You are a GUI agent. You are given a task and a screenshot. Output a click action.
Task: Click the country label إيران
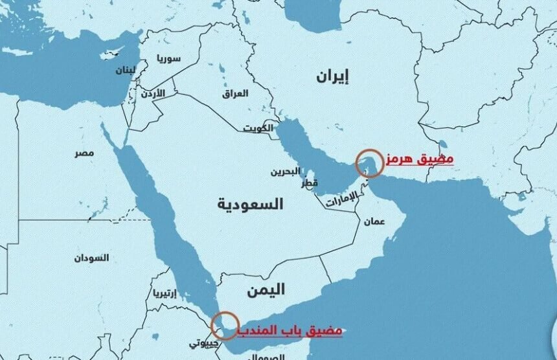332,76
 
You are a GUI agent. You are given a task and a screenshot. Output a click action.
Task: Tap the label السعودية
250,204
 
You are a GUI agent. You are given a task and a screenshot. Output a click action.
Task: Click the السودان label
91,258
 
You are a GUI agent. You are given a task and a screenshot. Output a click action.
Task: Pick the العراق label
235,93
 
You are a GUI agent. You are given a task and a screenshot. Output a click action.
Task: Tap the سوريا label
168,59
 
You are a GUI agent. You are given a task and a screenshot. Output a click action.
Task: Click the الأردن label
153,94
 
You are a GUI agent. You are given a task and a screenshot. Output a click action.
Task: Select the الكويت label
258,128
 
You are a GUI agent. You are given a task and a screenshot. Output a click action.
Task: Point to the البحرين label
285,172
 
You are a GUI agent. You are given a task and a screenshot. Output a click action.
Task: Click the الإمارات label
341,200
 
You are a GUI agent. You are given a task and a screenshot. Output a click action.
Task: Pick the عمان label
374,221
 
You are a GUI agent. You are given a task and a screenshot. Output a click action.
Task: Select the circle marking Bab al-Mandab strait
225,325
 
